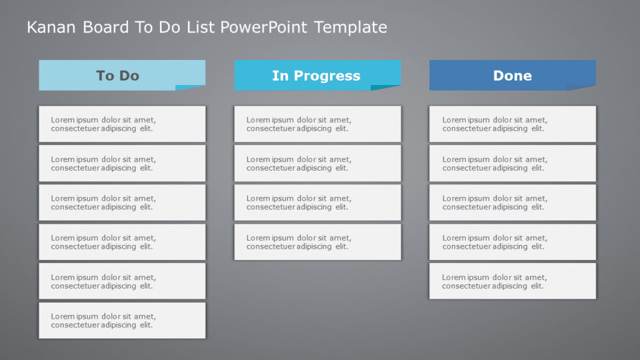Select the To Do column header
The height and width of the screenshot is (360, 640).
coord(118,76)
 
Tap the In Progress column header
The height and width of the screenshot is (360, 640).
coord(316,76)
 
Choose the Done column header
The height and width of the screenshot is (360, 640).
coord(512,76)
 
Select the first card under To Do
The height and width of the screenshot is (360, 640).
coord(122,124)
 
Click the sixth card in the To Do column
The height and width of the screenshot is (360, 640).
coord(122,321)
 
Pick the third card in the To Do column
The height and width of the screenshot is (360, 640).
coord(122,202)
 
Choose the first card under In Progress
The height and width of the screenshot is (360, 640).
coord(317,124)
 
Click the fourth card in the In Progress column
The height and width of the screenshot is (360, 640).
coord(317,242)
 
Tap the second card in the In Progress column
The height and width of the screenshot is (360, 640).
coord(317,163)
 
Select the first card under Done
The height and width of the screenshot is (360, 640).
coord(512,124)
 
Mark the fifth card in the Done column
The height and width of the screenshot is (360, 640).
coord(512,281)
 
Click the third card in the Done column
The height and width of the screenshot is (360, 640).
coord(512,202)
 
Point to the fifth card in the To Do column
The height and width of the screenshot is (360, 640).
coord(122,281)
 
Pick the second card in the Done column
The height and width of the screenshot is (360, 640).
coord(512,163)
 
